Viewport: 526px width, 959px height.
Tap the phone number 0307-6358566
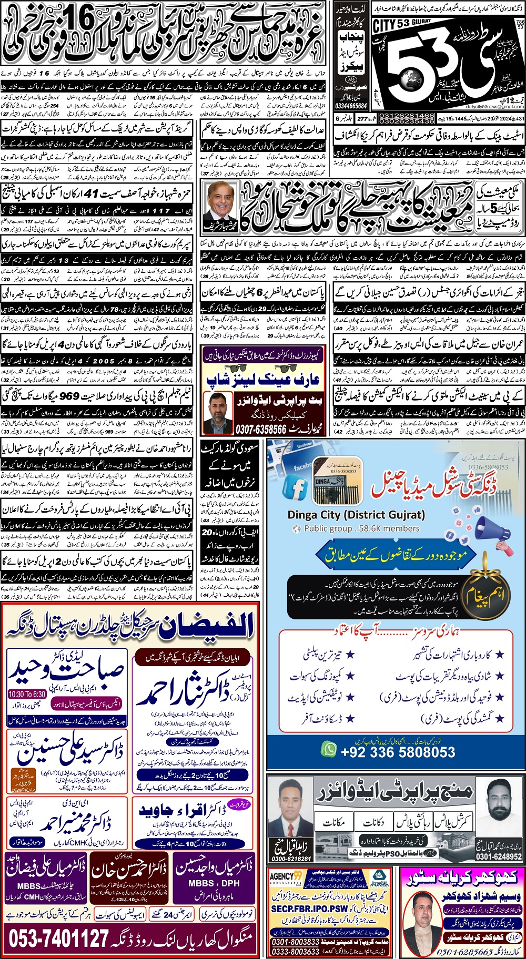pos(261,429)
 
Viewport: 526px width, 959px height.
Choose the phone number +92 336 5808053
pos(398,751)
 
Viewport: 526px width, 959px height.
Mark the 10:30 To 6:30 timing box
pos(27,694)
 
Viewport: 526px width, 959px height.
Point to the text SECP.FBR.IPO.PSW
pos(309,908)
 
